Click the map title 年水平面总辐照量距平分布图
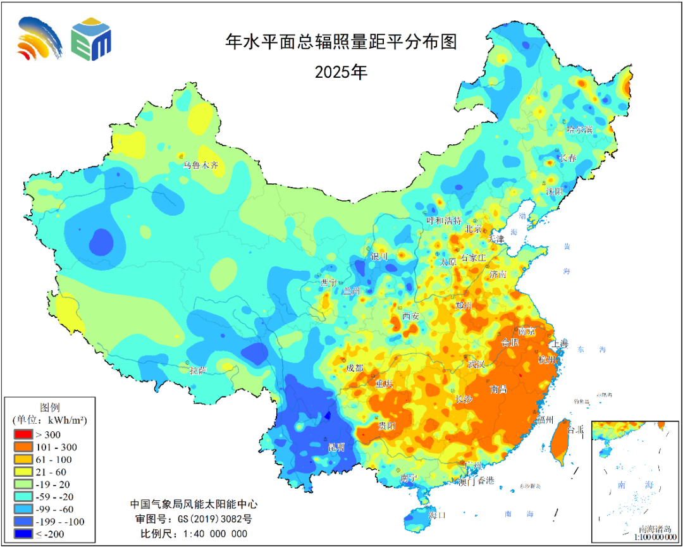(341, 42)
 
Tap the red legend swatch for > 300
(22, 435)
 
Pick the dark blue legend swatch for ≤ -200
(22, 534)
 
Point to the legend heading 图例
(50, 407)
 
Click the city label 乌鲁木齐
(200, 166)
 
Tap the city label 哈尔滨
(579, 130)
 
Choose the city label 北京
(474, 229)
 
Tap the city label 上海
(560, 344)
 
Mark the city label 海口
(437, 515)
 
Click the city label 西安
(411, 316)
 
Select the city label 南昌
(499, 390)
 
